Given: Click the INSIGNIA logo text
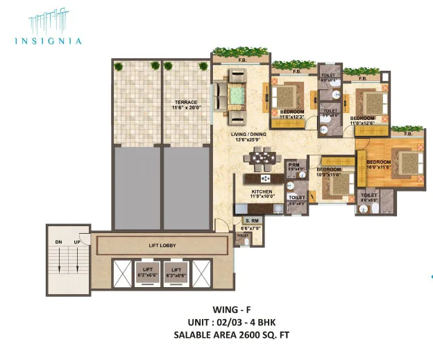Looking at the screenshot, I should click(x=48, y=41).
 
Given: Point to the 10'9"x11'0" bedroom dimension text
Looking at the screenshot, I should click(x=327, y=175).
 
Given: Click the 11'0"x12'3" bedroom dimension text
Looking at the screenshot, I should click(x=293, y=116).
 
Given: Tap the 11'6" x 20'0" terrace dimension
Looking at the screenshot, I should click(x=185, y=108).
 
